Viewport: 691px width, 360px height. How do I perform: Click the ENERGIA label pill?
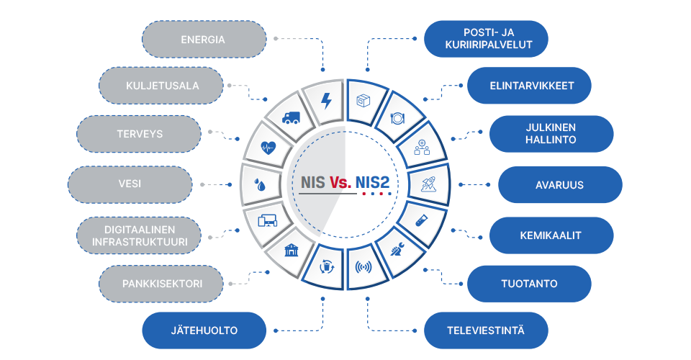pyautogui.click(x=204, y=39)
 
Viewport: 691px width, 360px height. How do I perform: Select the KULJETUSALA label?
pyautogui.click(x=161, y=86)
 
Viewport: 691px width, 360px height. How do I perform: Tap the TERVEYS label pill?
pyautogui.click(x=139, y=134)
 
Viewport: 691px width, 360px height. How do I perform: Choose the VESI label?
pyautogui.click(x=130, y=184)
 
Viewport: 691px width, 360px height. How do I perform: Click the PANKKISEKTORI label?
pyautogui.click(x=161, y=284)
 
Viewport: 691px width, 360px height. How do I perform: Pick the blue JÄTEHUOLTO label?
pyautogui.click(x=204, y=330)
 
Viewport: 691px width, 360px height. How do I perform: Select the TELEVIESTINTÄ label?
pyautogui.click(x=486, y=330)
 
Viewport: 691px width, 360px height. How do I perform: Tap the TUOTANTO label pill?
pyautogui.click(x=529, y=284)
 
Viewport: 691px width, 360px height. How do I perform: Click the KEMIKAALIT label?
pyautogui.click(x=551, y=235)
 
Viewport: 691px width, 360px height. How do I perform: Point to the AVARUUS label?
pyautogui.click(x=560, y=184)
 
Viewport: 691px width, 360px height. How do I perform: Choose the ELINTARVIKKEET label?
pyautogui.click(x=529, y=86)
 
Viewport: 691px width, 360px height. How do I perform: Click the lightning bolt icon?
pyautogui.click(x=326, y=101)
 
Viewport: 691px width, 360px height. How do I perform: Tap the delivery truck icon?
pyautogui.click(x=291, y=117)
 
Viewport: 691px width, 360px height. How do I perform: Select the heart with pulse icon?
pyautogui.click(x=268, y=147)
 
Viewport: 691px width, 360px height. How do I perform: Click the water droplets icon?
pyautogui.click(x=261, y=184)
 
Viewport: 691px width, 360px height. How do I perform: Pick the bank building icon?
pyautogui.click(x=292, y=250)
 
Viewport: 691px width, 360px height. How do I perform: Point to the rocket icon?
pyautogui.click(x=428, y=184)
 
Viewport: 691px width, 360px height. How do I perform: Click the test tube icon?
pyautogui.click(x=421, y=220)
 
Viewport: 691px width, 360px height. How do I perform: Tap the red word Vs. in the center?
pyautogui.click(x=340, y=182)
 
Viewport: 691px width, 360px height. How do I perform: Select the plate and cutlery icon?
pyautogui.click(x=397, y=118)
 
